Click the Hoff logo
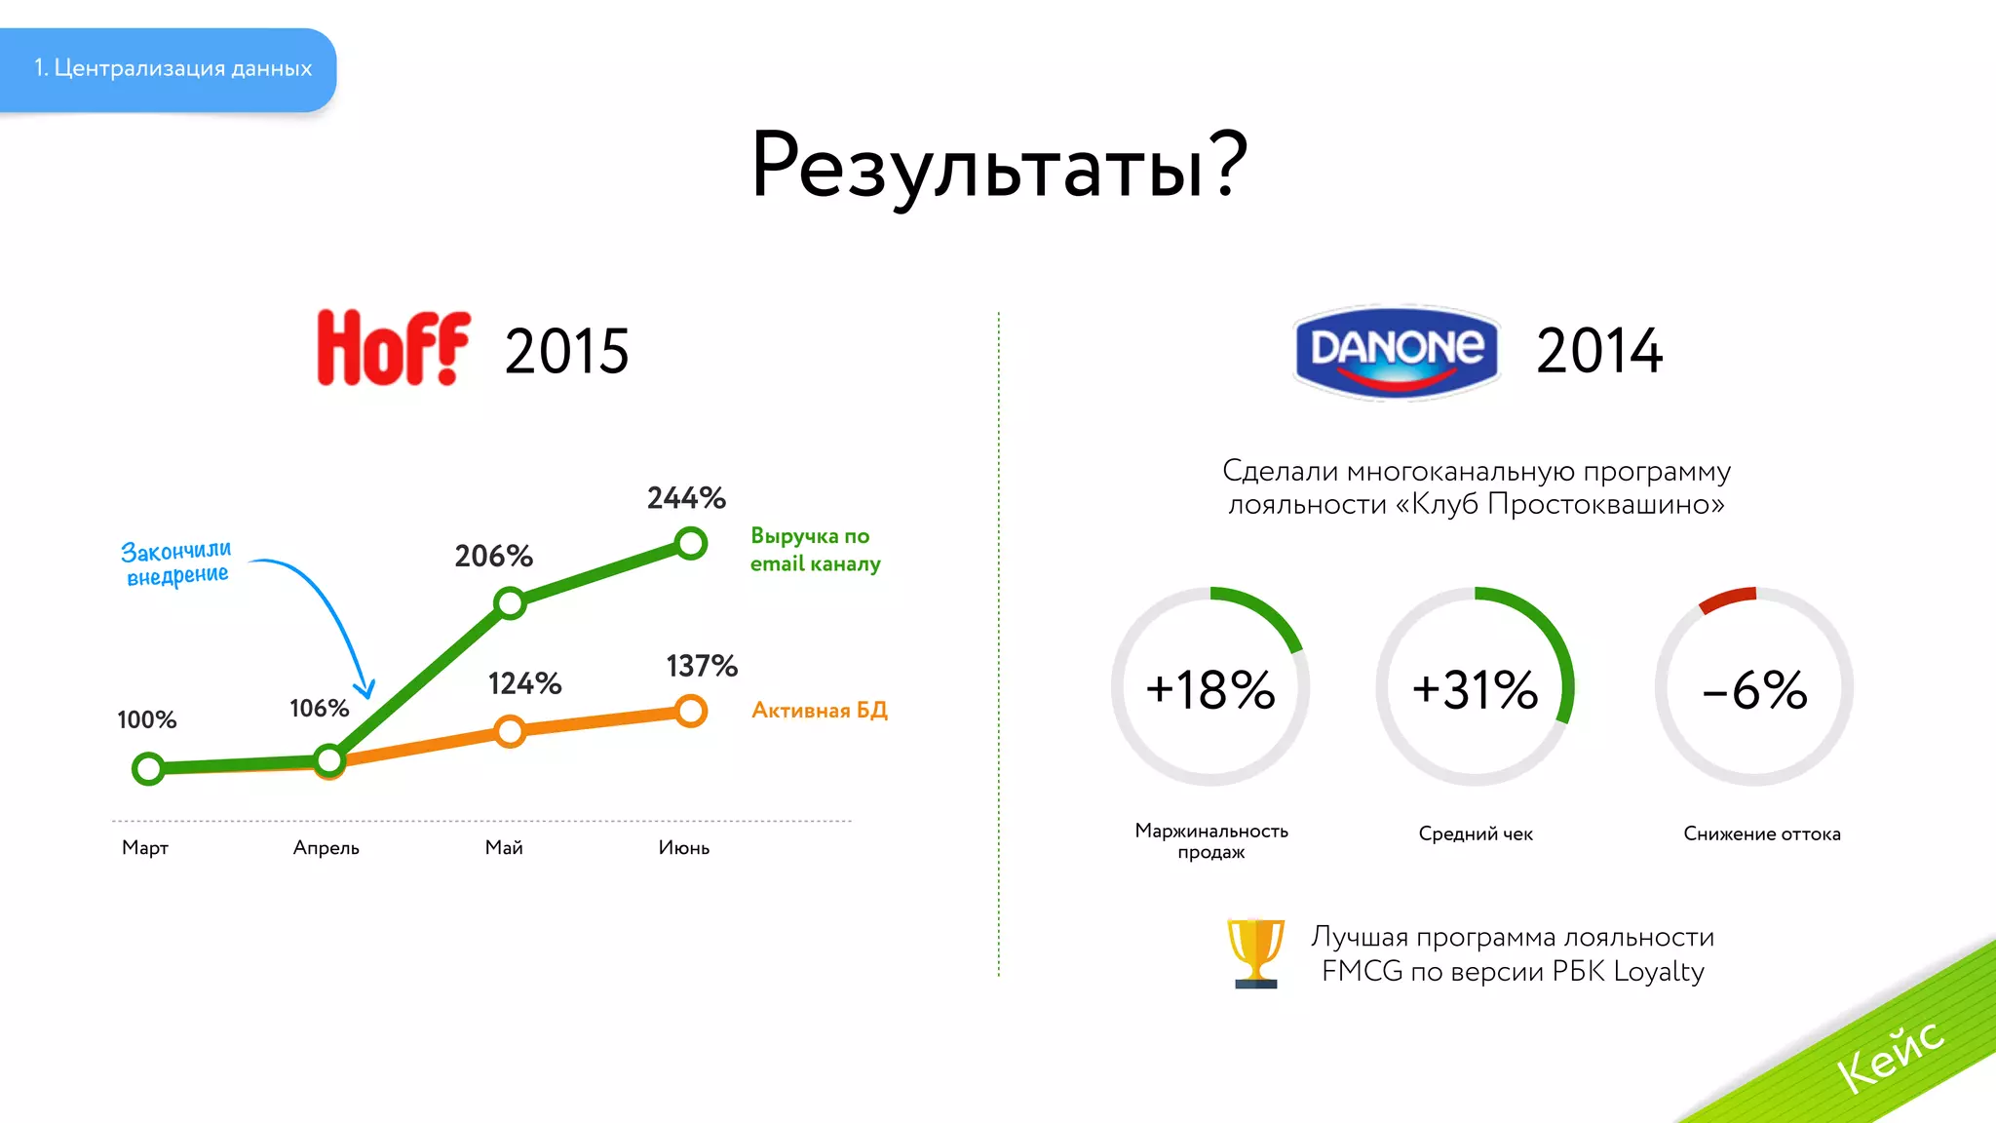(393, 348)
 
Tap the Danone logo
(1397, 351)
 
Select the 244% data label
(686, 498)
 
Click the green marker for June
(690, 543)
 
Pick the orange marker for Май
(510, 731)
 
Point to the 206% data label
(493, 557)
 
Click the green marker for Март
(148, 768)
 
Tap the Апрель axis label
(326, 848)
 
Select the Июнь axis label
(683, 848)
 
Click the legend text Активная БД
(819, 711)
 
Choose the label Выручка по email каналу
(814, 550)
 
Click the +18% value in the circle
(1209, 689)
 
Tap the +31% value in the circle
(1475, 689)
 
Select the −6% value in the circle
(1753, 689)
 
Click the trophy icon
(1255, 953)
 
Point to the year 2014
(1598, 351)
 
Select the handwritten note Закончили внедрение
(176, 563)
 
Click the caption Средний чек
(1475, 833)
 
